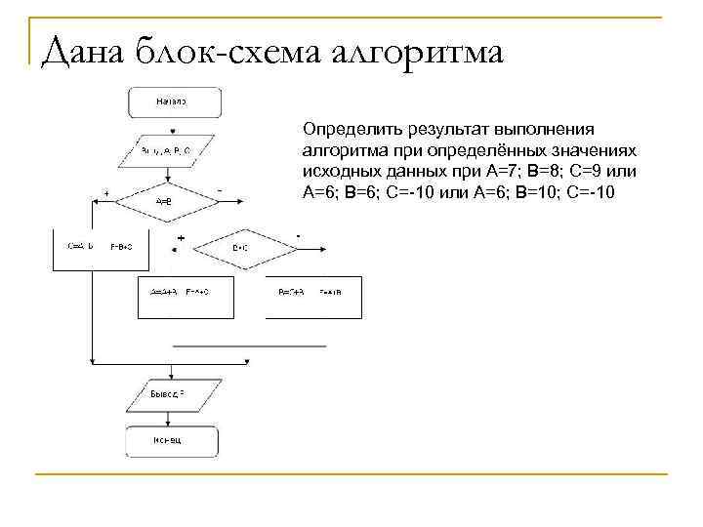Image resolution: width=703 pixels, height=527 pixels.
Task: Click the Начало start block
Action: pyautogui.click(x=172, y=101)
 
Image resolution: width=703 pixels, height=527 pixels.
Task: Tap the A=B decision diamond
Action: pyautogui.click(x=165, y=201)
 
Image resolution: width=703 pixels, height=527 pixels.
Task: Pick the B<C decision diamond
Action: pyautogui.click(x=241, y=248)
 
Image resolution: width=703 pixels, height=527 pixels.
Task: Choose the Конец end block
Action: pyautogui.click(x=172, y=440)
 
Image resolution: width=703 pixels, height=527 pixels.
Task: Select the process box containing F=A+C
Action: pyautogui.click(x=183, y=293)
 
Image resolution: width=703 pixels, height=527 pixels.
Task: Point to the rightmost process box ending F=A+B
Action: pyautogui.click(x=313, y=293)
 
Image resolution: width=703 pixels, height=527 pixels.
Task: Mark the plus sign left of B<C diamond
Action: pyautogui.click(x=181, y=238)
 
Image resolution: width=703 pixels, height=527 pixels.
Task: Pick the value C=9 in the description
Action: pyautogui.click(x=598, y=170)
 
